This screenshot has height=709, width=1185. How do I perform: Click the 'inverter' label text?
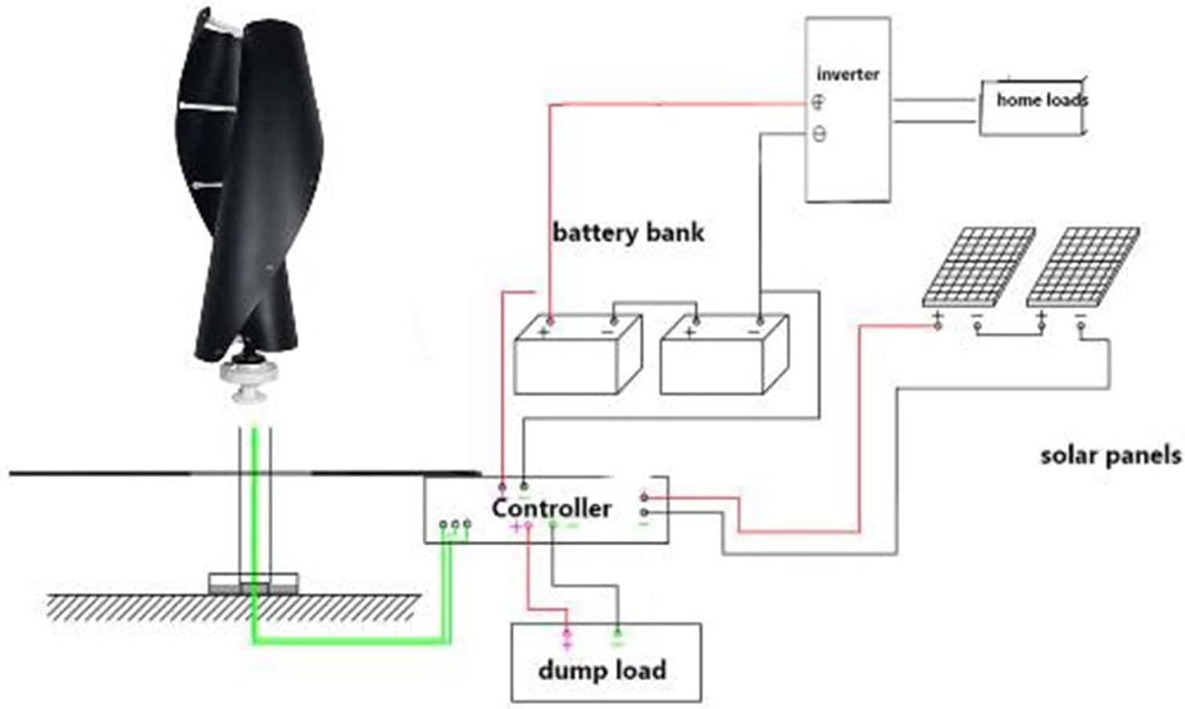[x=848, y=74]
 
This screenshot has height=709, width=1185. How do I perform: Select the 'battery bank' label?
[x=628, y=233]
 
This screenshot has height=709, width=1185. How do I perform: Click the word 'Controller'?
[x=551, y=508]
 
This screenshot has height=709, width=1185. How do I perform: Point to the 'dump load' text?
[x=602, y=670]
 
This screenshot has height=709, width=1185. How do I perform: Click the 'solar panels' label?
[x=1110, y=456]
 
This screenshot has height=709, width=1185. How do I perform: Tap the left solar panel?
[x=978, y=266]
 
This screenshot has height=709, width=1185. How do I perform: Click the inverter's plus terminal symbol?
[x=818, y=102]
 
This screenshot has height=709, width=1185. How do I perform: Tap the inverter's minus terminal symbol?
[x=819, y=134]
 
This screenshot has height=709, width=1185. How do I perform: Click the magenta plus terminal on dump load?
[x=567, y=639]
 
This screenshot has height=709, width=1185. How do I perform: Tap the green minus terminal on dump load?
[x=617, y=638]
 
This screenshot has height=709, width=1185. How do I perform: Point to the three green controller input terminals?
[x=455, y=525]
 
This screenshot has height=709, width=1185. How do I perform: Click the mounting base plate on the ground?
[x=253, y=583]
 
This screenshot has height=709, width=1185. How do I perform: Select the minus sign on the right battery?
[x=756, y=329]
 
